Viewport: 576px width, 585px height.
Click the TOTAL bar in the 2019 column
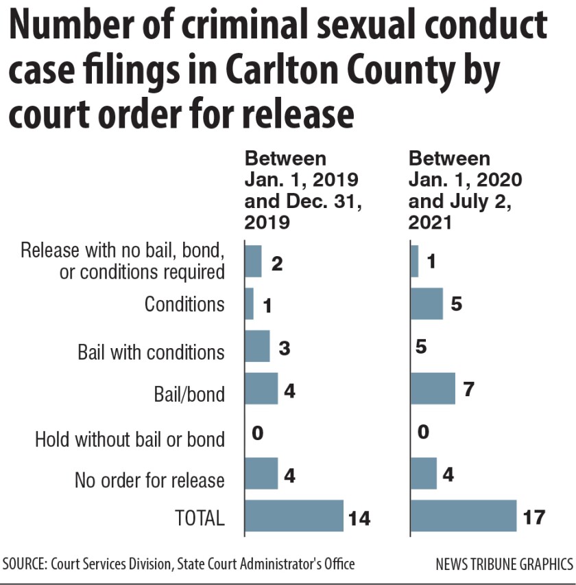tap(293, 516)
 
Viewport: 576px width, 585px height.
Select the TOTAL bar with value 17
tap(463, 516)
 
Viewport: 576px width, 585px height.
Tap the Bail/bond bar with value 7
tap(433, 389)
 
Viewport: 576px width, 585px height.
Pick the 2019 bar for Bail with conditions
tap(257, 346)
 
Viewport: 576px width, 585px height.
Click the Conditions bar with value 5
tap(427, 303)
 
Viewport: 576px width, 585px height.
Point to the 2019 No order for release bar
tap(261, 474)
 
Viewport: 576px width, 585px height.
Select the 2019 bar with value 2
tap(253, 261)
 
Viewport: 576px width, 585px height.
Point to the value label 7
tap(468, 390)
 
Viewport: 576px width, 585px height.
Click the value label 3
tap(285, 347)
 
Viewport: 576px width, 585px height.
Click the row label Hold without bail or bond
tap(130, 439)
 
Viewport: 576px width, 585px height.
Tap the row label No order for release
tap(149, 480)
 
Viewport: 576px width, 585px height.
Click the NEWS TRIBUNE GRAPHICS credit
tap(504, 565)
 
